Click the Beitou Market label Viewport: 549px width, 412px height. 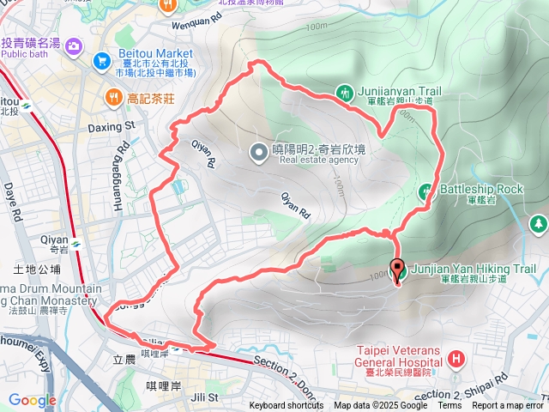click(156, 53)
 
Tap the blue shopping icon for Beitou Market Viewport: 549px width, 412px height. click(102, 60)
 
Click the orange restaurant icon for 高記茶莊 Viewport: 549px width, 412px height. click(112, 98)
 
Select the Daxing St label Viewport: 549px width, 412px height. click(112, 126)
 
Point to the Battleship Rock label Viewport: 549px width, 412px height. click(480, 189)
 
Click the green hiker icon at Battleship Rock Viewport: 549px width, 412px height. click(425, 191)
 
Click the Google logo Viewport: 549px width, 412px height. click(33, 400)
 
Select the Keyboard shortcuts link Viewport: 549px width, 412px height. click(287, 406)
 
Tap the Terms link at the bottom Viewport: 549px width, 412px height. click(449, 406)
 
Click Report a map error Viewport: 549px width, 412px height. click(509, 406)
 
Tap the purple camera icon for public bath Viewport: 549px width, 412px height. click(74, 45)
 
